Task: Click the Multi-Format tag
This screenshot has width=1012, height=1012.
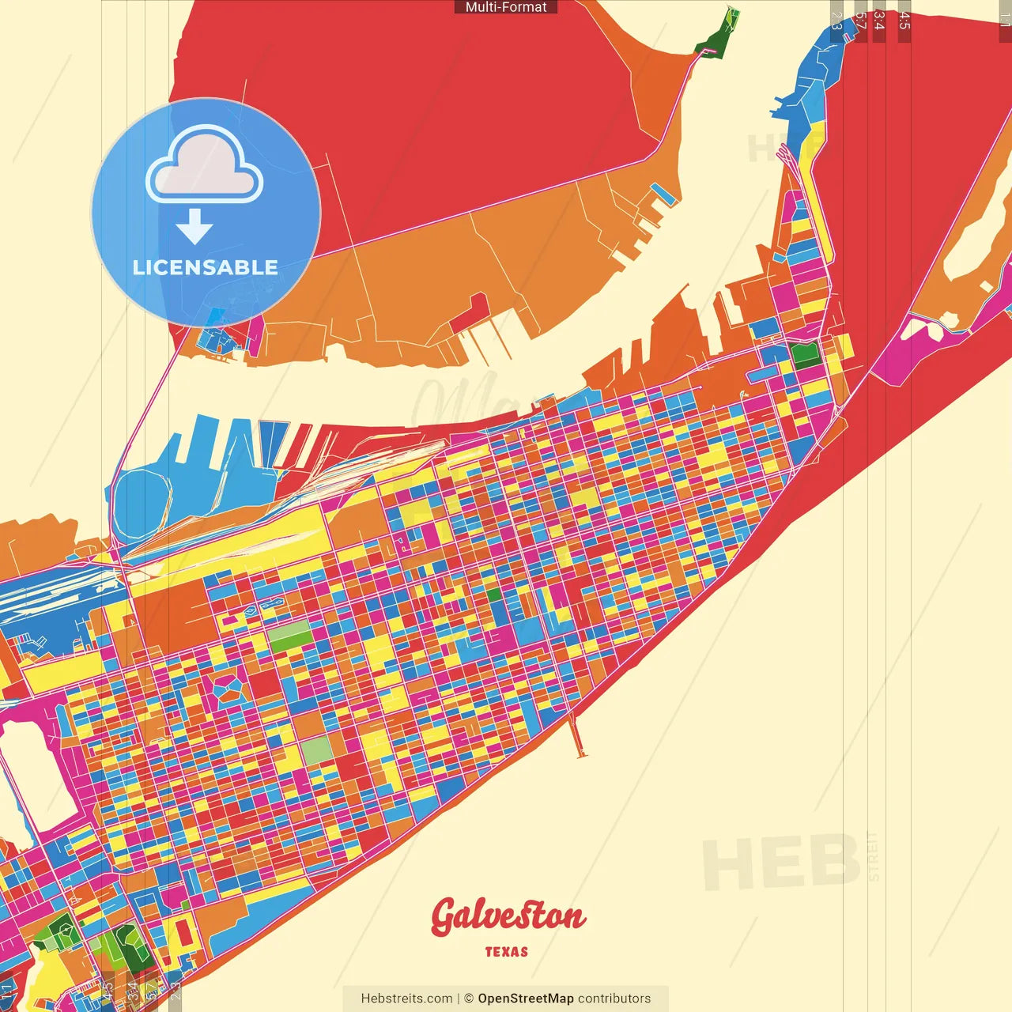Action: pos(506,7)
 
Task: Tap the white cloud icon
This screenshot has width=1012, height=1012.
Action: pos(205,166)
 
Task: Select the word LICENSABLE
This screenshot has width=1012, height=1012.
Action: pos(206,267)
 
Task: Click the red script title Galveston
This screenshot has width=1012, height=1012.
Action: pos(508,916)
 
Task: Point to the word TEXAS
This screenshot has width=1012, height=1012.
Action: pos(507,952)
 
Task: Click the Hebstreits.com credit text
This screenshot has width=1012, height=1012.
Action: pos(406,999)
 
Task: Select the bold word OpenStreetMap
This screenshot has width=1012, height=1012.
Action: pos(526,999)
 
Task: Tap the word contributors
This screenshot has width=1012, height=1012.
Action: pos(614,999)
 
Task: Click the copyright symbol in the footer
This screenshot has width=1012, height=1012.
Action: pos(469,999)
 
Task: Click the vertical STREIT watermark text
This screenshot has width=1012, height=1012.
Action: pos(873,856)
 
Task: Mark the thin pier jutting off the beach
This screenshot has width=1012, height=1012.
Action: pos(577,735)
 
